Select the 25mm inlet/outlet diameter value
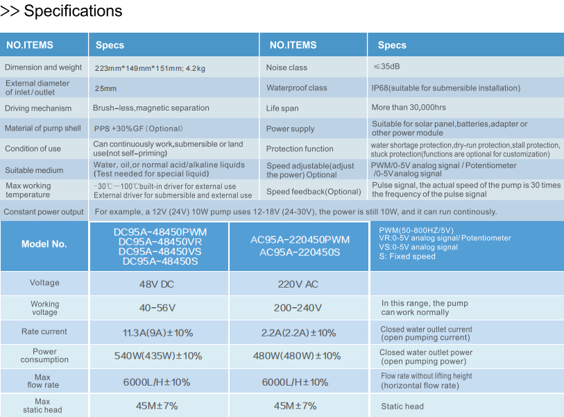pos(105,88)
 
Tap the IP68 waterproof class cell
pos(445,88)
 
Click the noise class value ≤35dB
pos(386,67)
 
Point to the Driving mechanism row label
pos(38,108)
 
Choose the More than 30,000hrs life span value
pos(409,108)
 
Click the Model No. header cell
pos(44,244)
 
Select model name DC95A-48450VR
pos(159,242)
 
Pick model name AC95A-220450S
pos(300,252)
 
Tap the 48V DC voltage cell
pos(158,284)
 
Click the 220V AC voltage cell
pos(299,284)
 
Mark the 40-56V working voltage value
pos(157,308)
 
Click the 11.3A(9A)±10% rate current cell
pos(158,332)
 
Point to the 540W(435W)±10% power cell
pos(158,356)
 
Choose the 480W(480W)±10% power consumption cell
pos(299,356)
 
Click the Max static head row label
pos(42,406)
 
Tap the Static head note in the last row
pos(402,407)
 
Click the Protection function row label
pos(300,149)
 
